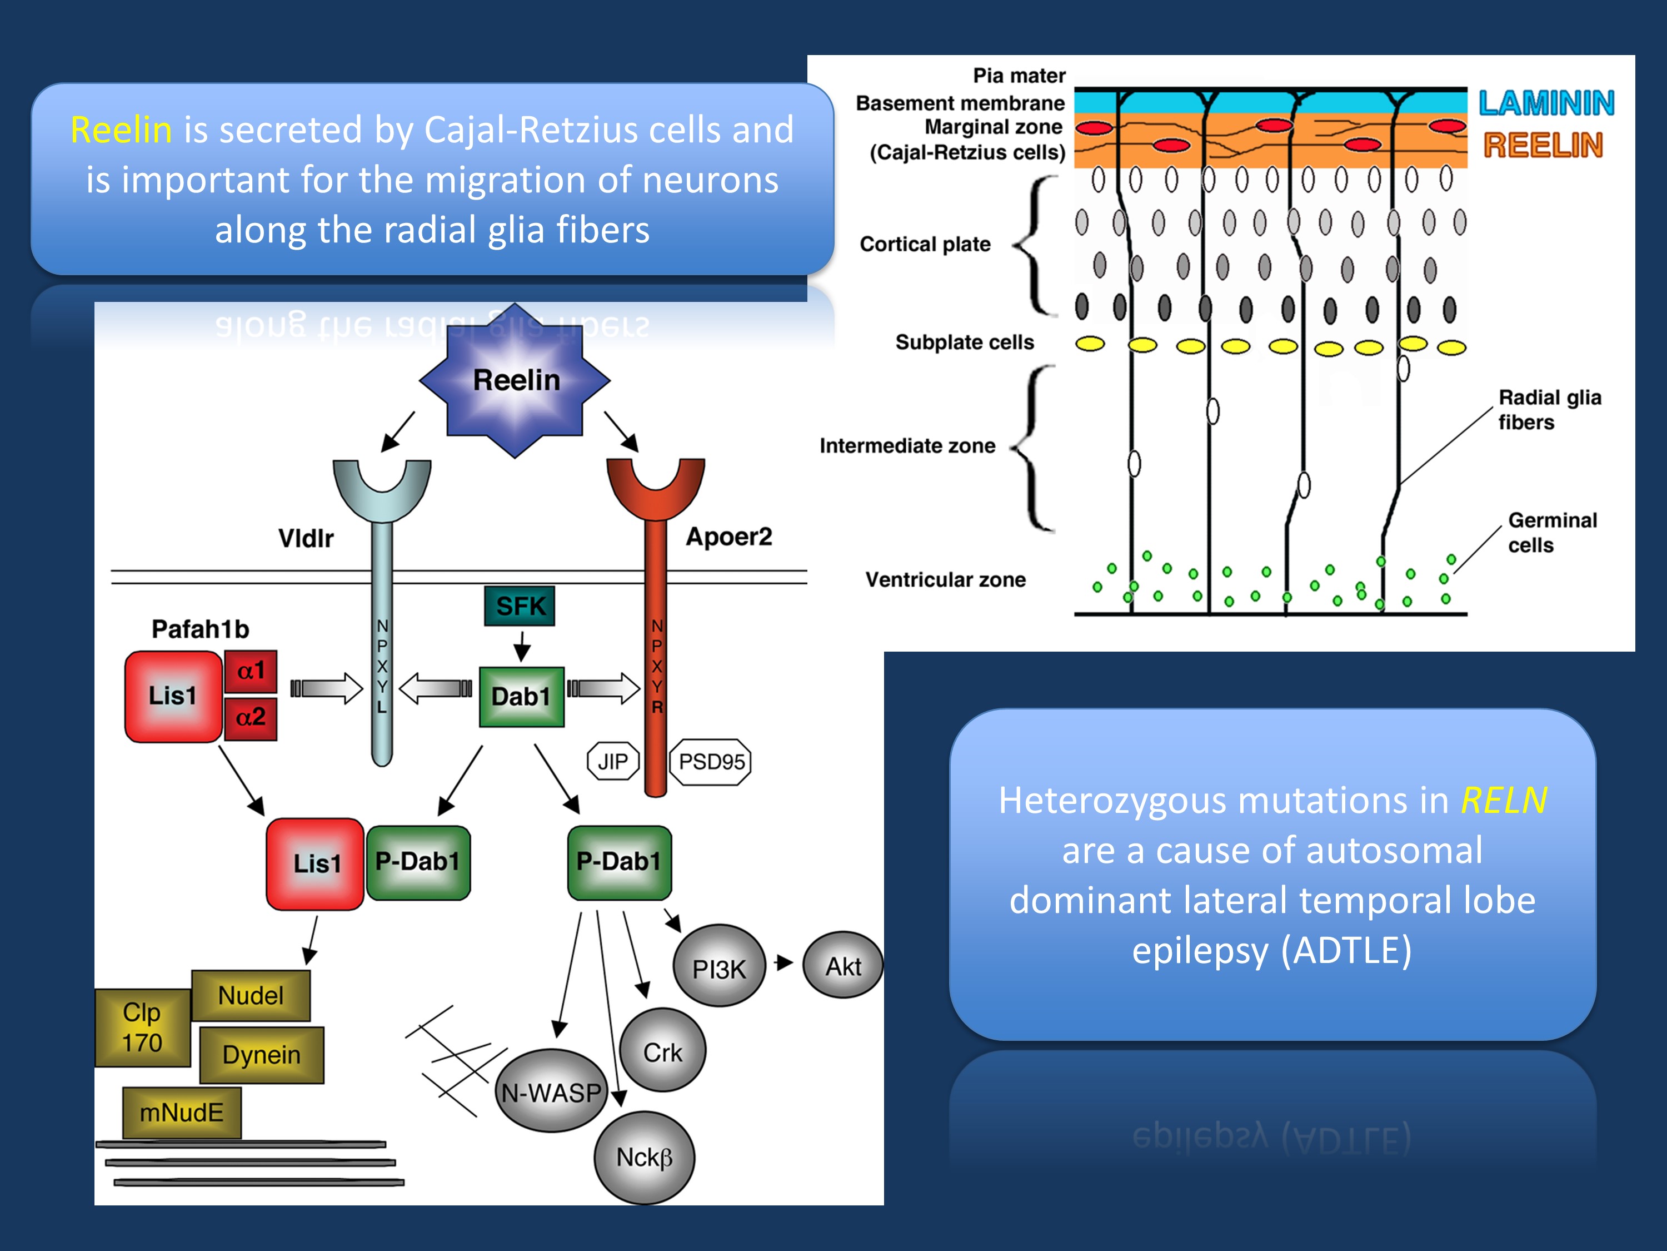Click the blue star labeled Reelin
point(516,380)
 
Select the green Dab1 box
point(522,696)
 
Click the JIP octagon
point(613,762)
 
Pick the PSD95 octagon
point(711,762)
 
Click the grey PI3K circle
point(720,967)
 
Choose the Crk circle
point(662,1051)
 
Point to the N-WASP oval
point(552,1091)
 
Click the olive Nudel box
point(251,995)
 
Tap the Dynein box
point(262,1054)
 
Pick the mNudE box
point(182,1112)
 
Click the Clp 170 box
point(142,1027)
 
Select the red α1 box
point(251,671)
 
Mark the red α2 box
point(251,717)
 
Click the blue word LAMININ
point(1546,103)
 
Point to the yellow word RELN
point(1504,800)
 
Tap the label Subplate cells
point(964,342)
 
